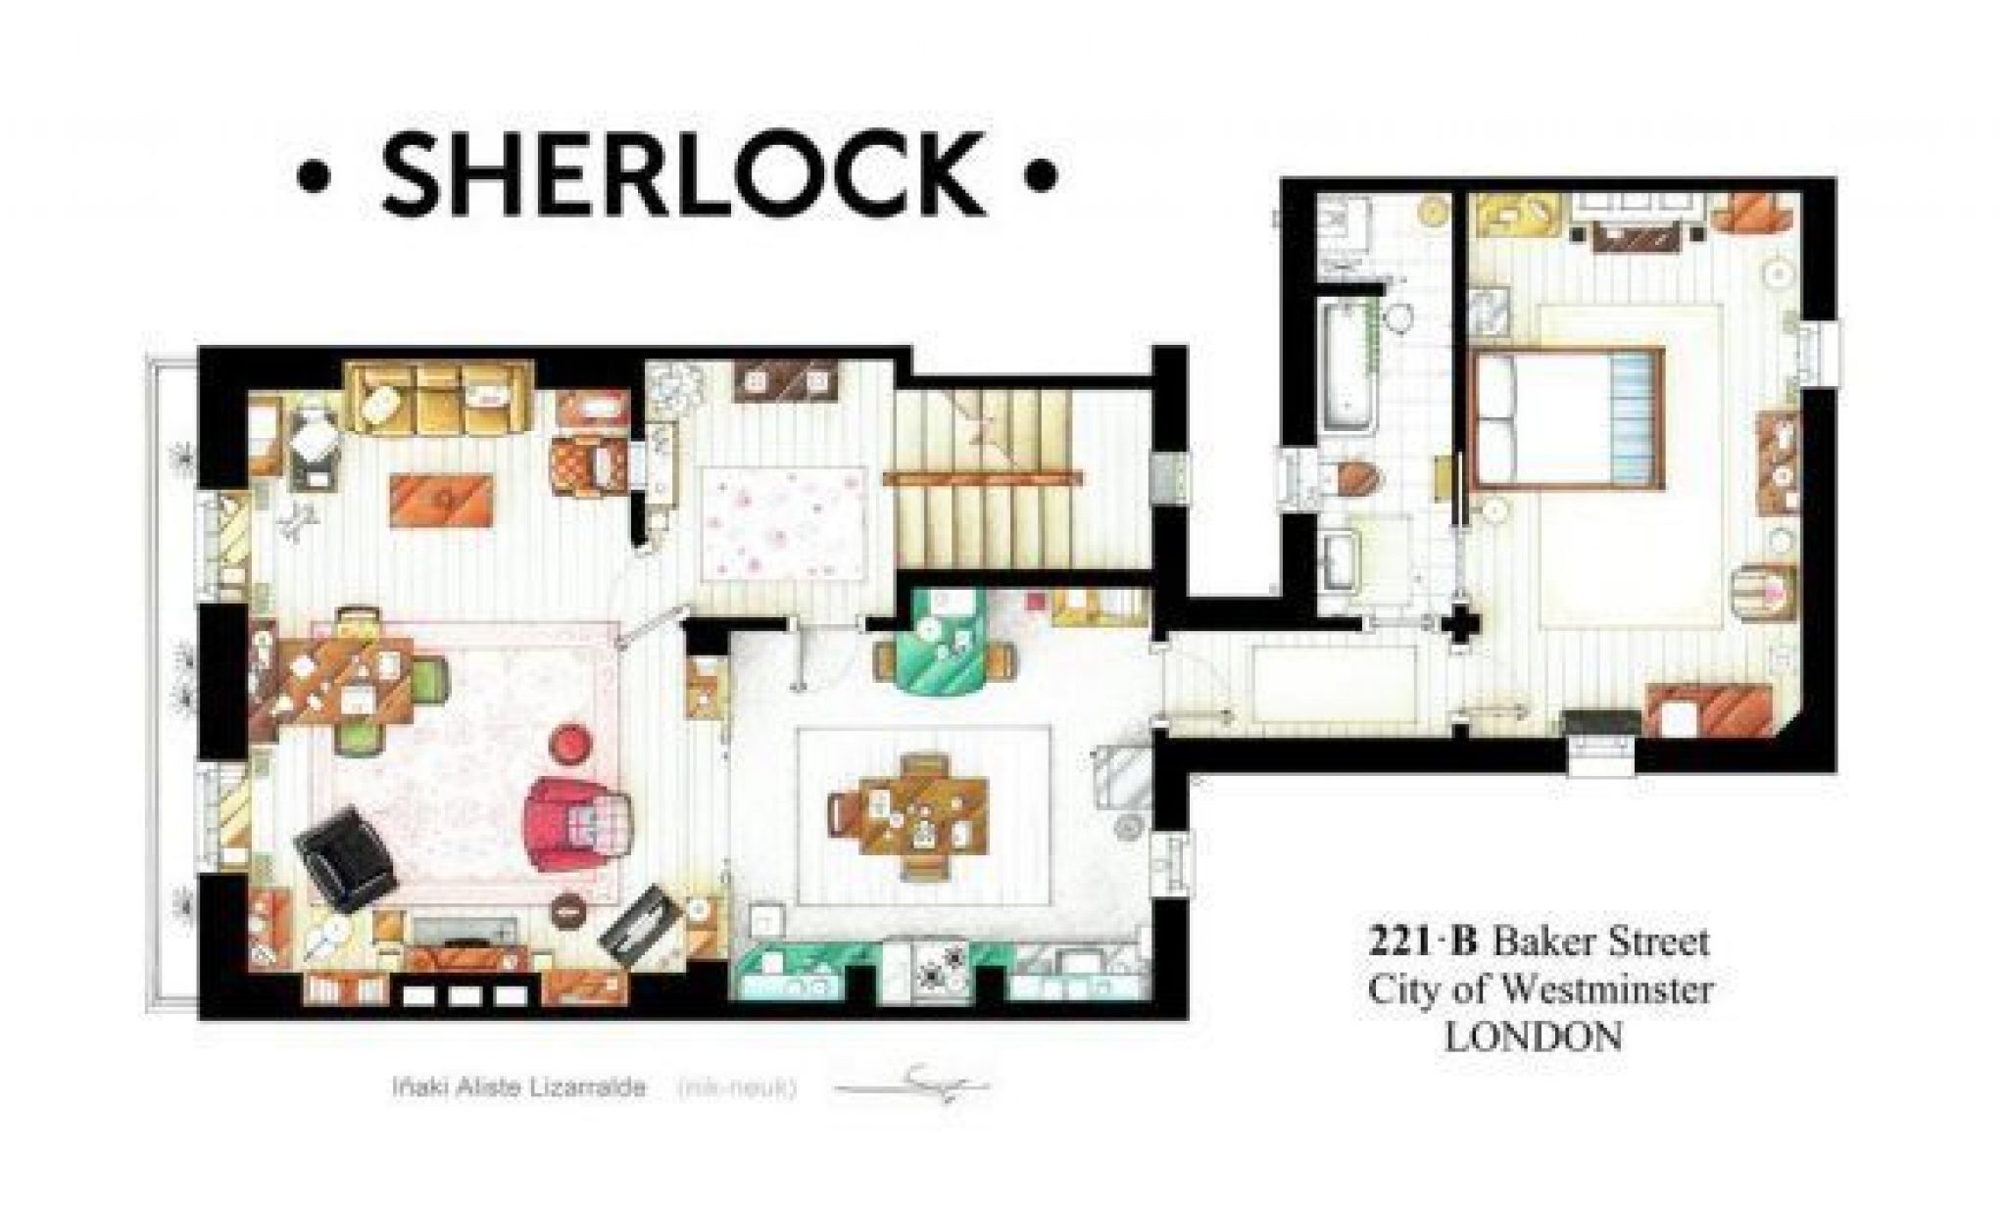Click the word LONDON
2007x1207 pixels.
click(x=1533, y=1037)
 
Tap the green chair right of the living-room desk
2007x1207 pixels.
click(x=429, y=675)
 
